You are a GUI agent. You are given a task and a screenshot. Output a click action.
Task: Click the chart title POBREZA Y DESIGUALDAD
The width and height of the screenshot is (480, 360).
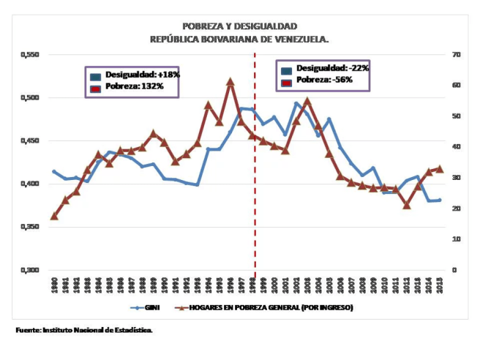click(239, 26)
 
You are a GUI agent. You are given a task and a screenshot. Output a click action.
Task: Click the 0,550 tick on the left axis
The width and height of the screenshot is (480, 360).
click(29, 55)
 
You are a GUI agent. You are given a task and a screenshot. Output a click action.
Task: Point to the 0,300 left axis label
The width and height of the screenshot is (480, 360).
click(29, 270)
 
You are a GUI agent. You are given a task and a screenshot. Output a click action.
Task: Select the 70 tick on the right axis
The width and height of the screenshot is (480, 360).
click(455, 55)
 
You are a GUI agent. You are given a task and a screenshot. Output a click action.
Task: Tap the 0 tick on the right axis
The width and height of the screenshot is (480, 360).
click(454, 270)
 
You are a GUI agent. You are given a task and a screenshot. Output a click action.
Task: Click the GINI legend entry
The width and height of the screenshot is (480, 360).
click(148, 308)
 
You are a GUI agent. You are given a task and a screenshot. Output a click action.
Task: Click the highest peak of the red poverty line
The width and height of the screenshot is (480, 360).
click(230, 82)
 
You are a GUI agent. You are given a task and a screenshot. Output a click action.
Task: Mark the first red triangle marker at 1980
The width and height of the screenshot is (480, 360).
click(54, 216)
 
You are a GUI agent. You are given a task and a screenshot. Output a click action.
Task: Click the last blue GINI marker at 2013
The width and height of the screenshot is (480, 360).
click(440, 200)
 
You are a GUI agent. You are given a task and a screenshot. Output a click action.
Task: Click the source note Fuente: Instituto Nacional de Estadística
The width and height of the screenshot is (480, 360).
click(84, 331)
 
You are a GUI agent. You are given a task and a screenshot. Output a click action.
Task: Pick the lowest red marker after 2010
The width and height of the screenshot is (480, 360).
click(407, 206)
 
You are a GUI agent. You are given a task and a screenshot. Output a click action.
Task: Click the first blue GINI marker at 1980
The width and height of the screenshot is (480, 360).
click(54, 171)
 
